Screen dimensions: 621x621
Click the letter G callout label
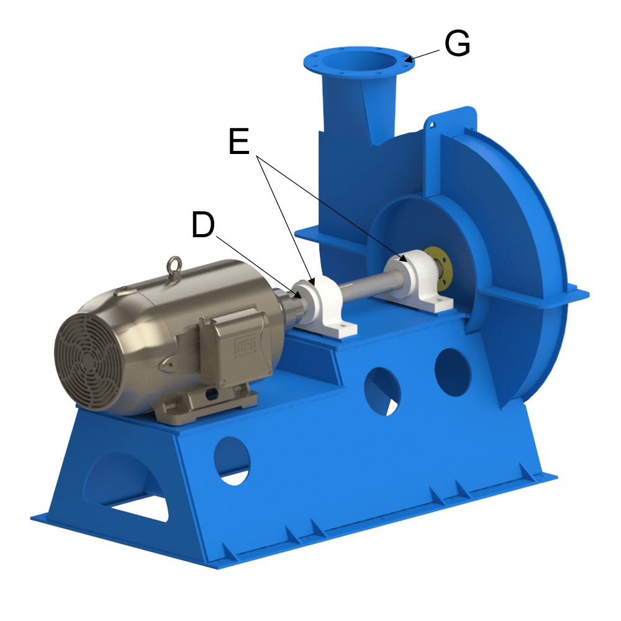(x=457, y=44)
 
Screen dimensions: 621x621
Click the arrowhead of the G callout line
(x=408, y=60)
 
